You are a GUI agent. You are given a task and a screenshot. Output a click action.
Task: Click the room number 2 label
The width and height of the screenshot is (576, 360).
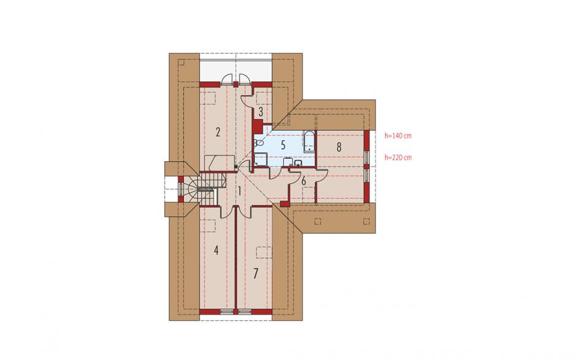(218, 132)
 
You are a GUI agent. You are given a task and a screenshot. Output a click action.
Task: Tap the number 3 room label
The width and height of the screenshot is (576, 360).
(260, 112)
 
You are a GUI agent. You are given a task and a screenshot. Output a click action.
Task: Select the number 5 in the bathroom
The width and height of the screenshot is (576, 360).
(283, 145)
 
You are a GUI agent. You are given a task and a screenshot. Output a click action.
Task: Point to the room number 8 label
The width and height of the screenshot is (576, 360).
(339, 147)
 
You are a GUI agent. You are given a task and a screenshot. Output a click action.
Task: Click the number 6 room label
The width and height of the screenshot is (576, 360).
(304, 182)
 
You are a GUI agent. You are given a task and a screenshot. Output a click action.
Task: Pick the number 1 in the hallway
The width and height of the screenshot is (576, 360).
(239, 191)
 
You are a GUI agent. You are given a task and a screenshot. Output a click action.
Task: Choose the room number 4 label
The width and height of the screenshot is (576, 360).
(216, 251)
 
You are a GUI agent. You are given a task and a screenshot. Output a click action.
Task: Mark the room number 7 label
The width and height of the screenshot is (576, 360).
(256, 274)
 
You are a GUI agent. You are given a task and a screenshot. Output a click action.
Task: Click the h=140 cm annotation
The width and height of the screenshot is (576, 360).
(398, 136)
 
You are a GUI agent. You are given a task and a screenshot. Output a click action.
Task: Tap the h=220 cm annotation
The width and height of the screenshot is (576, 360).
(398, 158)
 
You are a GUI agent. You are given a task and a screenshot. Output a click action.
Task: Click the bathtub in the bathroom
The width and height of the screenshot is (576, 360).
(309, 141)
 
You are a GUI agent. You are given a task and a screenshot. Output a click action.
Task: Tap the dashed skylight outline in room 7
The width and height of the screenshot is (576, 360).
(263, 252)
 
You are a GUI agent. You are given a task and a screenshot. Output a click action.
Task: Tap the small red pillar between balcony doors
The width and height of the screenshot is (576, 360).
(235, 85)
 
